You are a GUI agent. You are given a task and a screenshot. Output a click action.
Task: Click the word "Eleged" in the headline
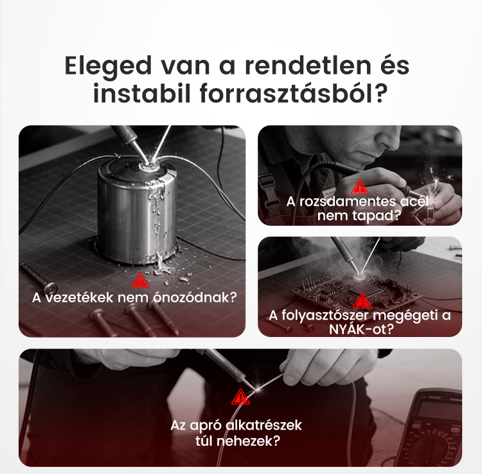tap(108, 66)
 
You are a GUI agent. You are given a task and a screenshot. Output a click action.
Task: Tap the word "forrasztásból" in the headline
tap(294, 93)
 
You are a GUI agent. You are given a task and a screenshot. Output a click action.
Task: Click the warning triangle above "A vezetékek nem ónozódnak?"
tap(140, 280)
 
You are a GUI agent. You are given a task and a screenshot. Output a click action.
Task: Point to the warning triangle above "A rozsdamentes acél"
tap(360, 187)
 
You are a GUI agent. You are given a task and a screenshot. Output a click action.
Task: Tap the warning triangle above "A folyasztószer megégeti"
tap(362, 300)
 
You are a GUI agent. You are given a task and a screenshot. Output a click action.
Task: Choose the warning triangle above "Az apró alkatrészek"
tap(240, 397)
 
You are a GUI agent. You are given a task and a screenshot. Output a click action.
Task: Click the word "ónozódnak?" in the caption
tap(195, 297)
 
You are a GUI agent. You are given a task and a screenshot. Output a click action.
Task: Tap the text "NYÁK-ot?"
tap(361, 329)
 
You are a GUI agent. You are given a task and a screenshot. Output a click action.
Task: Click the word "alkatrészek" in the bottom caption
tap(263, 425)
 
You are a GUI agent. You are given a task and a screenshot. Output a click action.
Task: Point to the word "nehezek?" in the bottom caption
tap(248, 441)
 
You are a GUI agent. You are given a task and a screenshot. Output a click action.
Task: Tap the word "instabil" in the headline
tap(142, 93)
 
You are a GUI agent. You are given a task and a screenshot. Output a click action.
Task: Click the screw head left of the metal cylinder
tap(50, 288)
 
